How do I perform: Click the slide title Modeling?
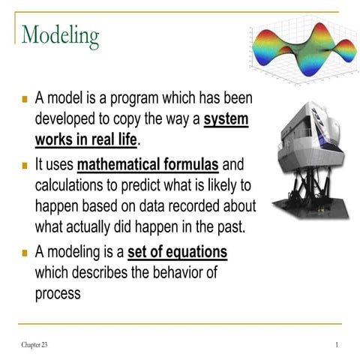61,34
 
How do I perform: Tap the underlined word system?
226,119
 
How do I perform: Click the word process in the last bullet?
58,293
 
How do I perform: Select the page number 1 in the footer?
337,343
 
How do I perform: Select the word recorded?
196,205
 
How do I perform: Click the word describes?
106,272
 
